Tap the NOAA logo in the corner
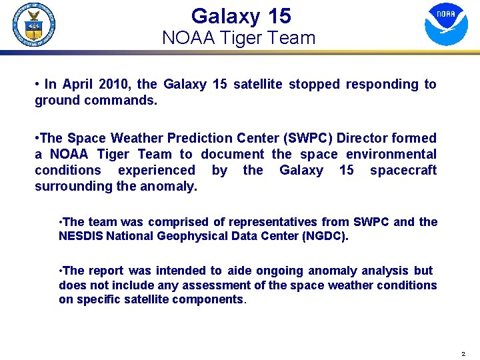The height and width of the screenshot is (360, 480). pos(446,24)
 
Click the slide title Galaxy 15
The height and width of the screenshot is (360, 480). pos(241,15)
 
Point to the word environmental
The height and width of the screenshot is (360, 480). pos(391,155)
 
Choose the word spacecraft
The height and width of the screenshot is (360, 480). pos(403,171)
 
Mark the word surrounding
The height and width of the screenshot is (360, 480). pos(71,187)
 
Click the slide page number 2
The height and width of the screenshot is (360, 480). pos(463,353)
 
